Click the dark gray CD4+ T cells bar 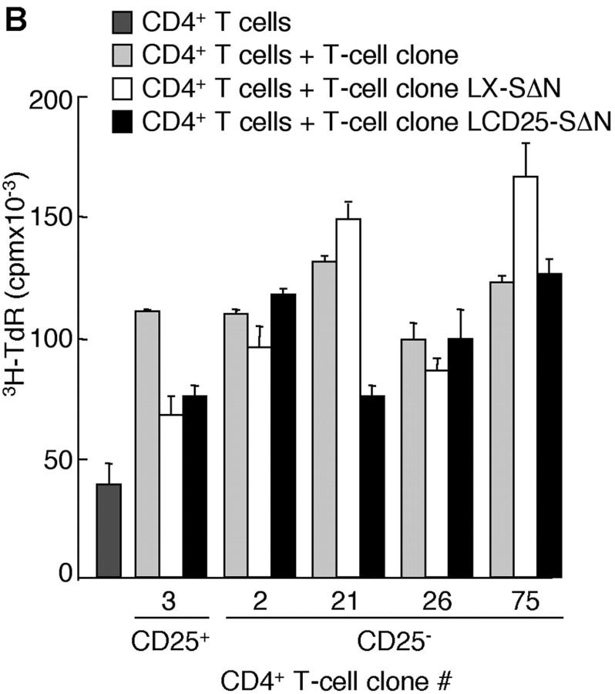click(109, 530)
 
